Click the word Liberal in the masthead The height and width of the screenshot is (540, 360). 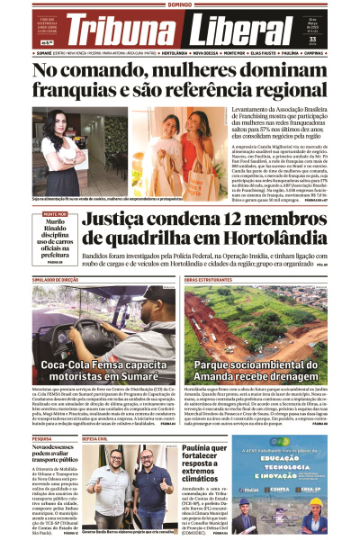233,33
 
